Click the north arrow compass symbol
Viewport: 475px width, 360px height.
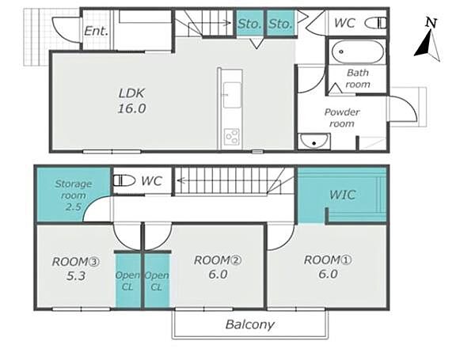pos(427,41)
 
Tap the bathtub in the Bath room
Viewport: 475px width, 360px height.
pos(358,51)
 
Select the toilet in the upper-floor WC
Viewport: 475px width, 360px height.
pos(124,180)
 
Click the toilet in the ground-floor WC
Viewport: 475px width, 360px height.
pos(375,23)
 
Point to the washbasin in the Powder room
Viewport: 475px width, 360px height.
pos(313,142)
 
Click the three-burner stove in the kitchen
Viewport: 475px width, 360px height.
pos(232,137)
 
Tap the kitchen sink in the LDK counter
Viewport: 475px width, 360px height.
pos(232,95)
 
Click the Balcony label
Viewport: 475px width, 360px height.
pos(250,324)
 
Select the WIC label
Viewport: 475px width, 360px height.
pos(342,195)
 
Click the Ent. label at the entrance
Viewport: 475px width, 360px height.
pos(96,31)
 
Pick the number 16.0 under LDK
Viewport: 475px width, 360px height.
pos(131,108)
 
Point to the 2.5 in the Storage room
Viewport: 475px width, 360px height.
pos(74,207)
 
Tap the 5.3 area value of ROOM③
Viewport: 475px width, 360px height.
pos(75,276)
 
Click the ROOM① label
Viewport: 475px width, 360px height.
pos(328,260)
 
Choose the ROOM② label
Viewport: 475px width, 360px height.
pos(218,260)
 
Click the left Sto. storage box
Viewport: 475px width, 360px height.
pos(250,23)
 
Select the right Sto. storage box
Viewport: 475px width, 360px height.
pos(280,23)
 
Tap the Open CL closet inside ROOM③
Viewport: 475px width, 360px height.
pos(127,281)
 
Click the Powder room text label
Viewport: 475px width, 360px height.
pos(342,117)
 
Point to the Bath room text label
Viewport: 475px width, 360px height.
pos(358,78)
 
